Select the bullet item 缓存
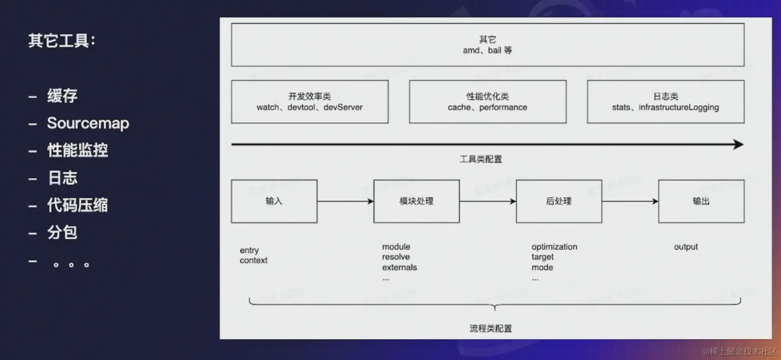click(x=62, y=96)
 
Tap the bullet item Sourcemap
click(x=88, y=123)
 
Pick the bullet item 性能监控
click(x=78, y=151)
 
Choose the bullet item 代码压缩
click(x=78, y=205)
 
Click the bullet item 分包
click(x=62, y=232)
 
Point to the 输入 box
click(x=274, y=201)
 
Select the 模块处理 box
click(x=416, y=201)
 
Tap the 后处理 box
click(x=559, y=201)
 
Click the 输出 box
click(x=701, y=201)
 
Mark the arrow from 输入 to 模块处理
click(x=345, y=201)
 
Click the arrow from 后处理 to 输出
click(x=630, y=201)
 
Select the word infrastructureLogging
click(x=678, y=107)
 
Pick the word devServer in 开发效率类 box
click(x=343, y=107)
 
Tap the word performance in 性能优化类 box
click(x=503, y=107)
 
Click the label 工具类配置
click(x=481, y=159)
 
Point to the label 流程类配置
click(x=491, y=328)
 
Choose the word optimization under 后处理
click(x=554, y=247)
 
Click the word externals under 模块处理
click(x=399, y=267)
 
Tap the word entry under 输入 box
click(x=249, y=250)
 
